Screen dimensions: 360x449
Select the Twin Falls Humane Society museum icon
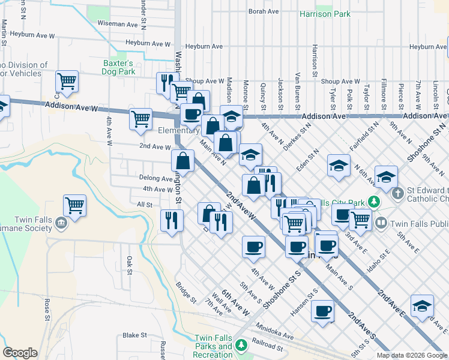61,224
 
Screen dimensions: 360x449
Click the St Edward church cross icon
396,194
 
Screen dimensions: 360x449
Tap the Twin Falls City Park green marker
373,201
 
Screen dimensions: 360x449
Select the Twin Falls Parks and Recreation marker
241,345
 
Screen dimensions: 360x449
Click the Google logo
20,353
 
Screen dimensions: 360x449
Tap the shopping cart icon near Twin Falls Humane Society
74,206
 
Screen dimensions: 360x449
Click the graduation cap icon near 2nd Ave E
423,305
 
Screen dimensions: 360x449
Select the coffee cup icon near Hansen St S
323,311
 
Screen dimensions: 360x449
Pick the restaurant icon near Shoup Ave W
167,82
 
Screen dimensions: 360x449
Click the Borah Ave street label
264,11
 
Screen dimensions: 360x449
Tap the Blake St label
134,335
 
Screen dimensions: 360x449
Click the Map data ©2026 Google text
412,355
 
